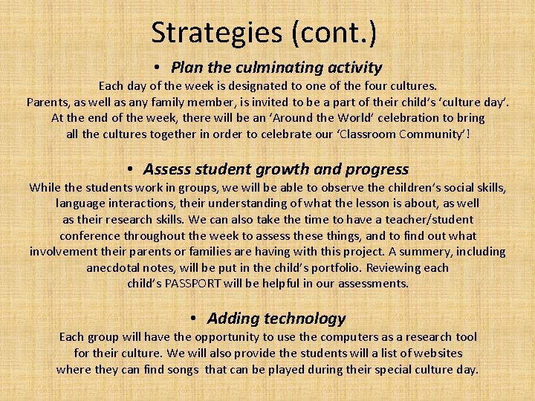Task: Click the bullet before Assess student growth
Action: [x=129, y=170]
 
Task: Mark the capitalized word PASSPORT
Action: [x=202, y=283]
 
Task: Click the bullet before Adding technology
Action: [x=192, y=319]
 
